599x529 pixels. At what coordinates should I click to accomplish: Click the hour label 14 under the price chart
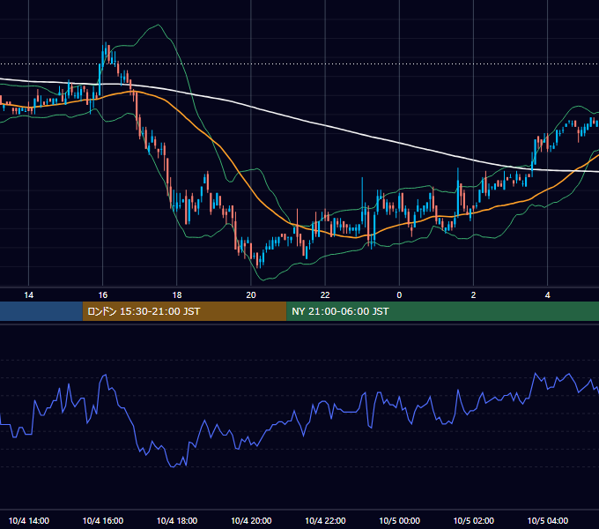[x=29, y=295]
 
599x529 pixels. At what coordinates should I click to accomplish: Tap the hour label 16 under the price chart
[x=103, y=295]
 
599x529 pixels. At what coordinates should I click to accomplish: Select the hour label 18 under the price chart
[x=177, y=295]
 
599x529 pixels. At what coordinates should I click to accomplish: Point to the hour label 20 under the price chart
[x=251, y=295]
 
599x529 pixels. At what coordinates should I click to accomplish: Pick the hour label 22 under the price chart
[x=325, y=295]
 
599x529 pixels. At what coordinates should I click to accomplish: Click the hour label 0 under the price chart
[x=399, y=295]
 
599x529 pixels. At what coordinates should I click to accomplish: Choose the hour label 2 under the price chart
[x=473, y=295]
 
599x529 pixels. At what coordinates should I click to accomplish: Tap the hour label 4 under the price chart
[x=547, y=295]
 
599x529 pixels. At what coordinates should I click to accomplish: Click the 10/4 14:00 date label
[x=29, y=520]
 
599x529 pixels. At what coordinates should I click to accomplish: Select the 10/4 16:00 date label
[x=103, y=520]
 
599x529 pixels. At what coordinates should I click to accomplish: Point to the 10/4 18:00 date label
[x=177, y=520]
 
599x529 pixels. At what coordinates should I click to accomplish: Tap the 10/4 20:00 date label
[x=251, y=520]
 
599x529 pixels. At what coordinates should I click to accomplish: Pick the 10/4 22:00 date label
[x=325, y=520]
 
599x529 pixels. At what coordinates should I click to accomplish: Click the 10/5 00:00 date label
[x=399, y=520]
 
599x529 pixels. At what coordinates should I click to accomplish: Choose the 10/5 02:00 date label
[x=473, y=520]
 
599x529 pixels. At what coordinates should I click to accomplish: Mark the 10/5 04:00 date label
[x=547, y=520]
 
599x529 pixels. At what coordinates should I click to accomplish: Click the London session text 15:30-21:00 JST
[x=159, y=311]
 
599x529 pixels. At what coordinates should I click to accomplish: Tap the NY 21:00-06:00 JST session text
[x=340, y=311]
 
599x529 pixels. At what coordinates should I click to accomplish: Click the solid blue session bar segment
[x=41, y=311]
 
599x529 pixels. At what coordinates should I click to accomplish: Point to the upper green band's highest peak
[x=159, y=25]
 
